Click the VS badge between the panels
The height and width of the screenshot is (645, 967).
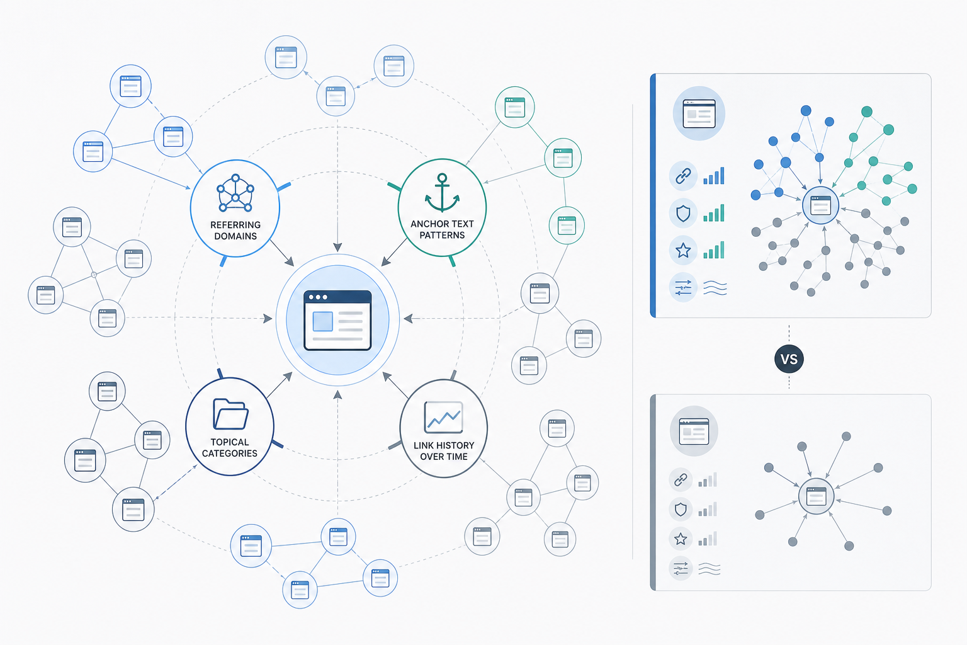tap(789, 359)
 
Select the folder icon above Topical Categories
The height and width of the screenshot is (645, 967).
tap(230, 414)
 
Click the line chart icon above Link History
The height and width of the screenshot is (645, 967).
tap(443, 417)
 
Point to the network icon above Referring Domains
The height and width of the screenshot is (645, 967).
tap(235, 193)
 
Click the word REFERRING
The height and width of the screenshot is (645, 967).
tap(235, 225)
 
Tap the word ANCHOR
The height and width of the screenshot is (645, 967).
tap(426, 224)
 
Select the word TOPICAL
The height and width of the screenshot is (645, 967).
tap(230, 442)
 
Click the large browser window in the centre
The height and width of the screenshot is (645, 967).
tap(337, 320)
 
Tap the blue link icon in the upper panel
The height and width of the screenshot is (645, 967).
tap(683, 176)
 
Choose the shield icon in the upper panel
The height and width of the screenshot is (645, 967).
tap(683, 213)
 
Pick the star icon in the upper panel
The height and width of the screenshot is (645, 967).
tap(683, 250)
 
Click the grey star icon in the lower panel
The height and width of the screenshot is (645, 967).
tap(681, 539)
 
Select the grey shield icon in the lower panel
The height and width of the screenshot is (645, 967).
tap(681, 510)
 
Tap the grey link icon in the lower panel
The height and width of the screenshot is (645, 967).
tap(681, 479)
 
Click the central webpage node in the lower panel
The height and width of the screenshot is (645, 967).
tap(817, 496)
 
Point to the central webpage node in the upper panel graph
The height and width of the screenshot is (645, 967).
tap(820, 205)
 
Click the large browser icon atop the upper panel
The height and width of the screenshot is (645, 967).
tap(699, 113)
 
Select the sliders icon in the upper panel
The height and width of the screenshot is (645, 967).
tap(683, 287)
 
